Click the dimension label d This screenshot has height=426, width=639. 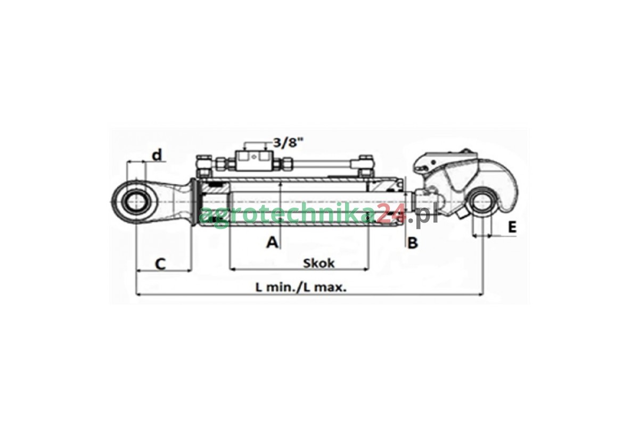point(157,155)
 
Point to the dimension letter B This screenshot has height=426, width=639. point(413,243)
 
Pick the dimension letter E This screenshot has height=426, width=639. point(512,227)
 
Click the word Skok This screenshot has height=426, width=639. point(318,264)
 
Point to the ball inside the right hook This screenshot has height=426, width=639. point(483,202)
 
